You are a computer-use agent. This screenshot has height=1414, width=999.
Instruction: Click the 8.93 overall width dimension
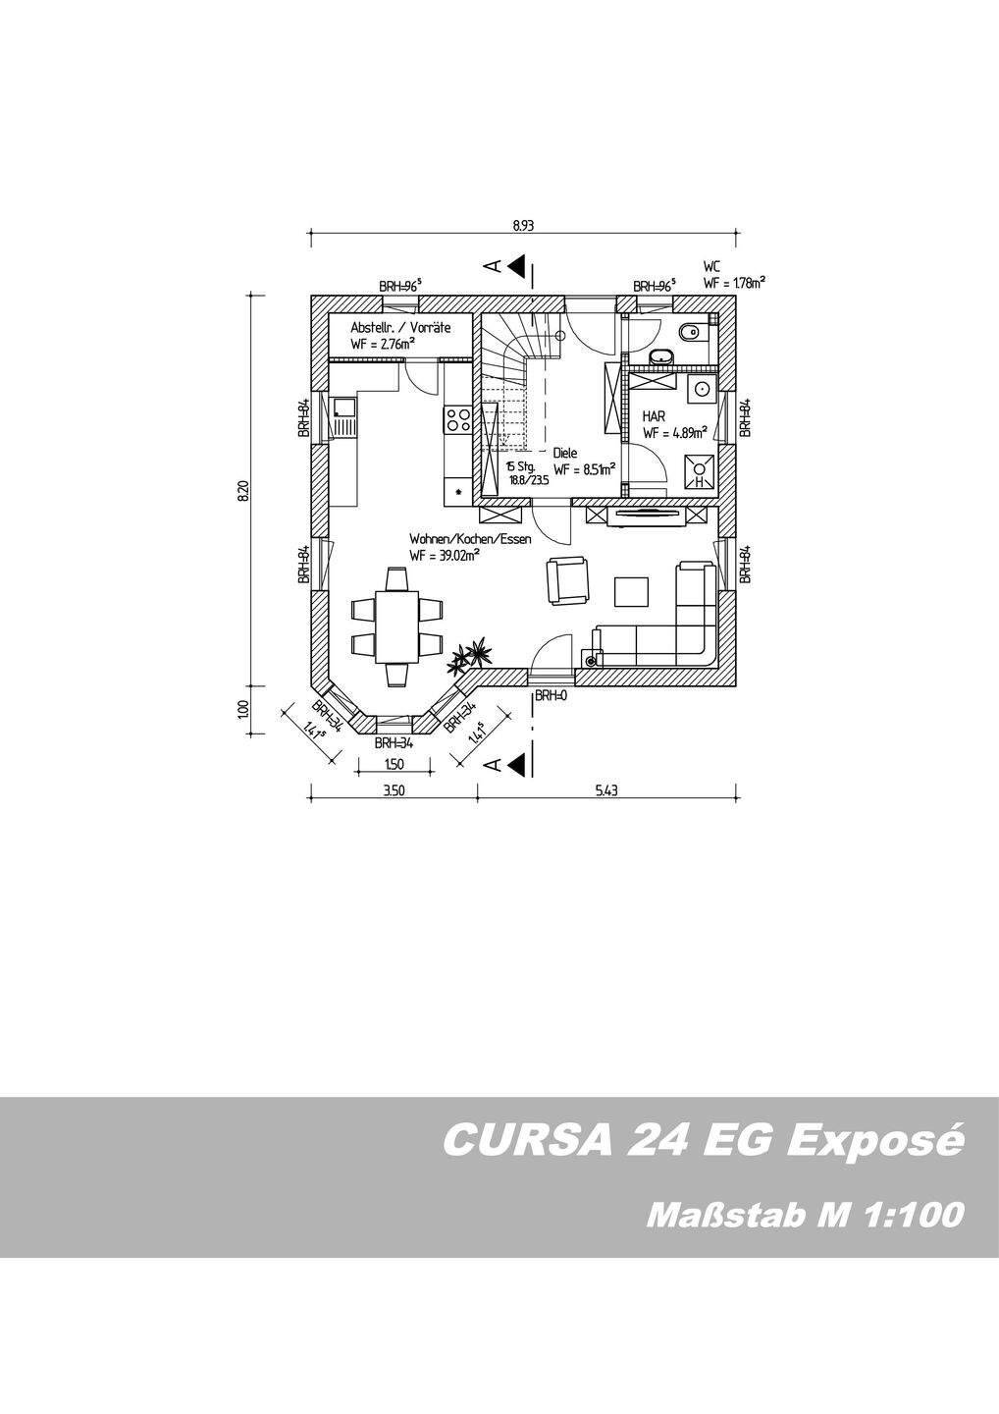point(523,225)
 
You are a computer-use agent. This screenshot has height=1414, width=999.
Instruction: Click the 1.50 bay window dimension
point(394,764)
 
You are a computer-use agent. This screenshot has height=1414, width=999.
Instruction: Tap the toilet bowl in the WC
point(692,331)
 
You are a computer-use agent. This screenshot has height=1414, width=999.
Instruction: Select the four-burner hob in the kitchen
point(457,420)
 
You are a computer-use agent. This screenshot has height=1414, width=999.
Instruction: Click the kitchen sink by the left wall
point(343,413)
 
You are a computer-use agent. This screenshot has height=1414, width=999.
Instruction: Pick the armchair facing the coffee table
point(566,579)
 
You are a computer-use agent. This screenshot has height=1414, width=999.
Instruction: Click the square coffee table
point(632,591)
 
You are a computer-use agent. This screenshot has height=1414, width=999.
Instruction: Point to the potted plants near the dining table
point(469,656)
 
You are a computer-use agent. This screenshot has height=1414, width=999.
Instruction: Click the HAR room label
point(654,415)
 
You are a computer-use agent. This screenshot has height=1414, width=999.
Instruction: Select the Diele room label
point(564,453)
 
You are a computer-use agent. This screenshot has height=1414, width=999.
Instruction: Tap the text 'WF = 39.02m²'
point(445,556)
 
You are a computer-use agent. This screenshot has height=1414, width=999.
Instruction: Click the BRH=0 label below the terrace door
point(551,696)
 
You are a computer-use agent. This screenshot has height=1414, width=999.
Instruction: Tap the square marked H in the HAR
point(700,472)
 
